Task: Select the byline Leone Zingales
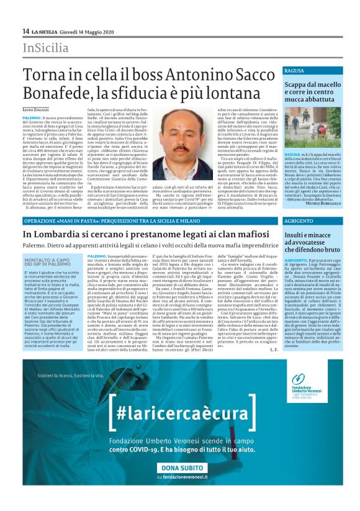point(36,92)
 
